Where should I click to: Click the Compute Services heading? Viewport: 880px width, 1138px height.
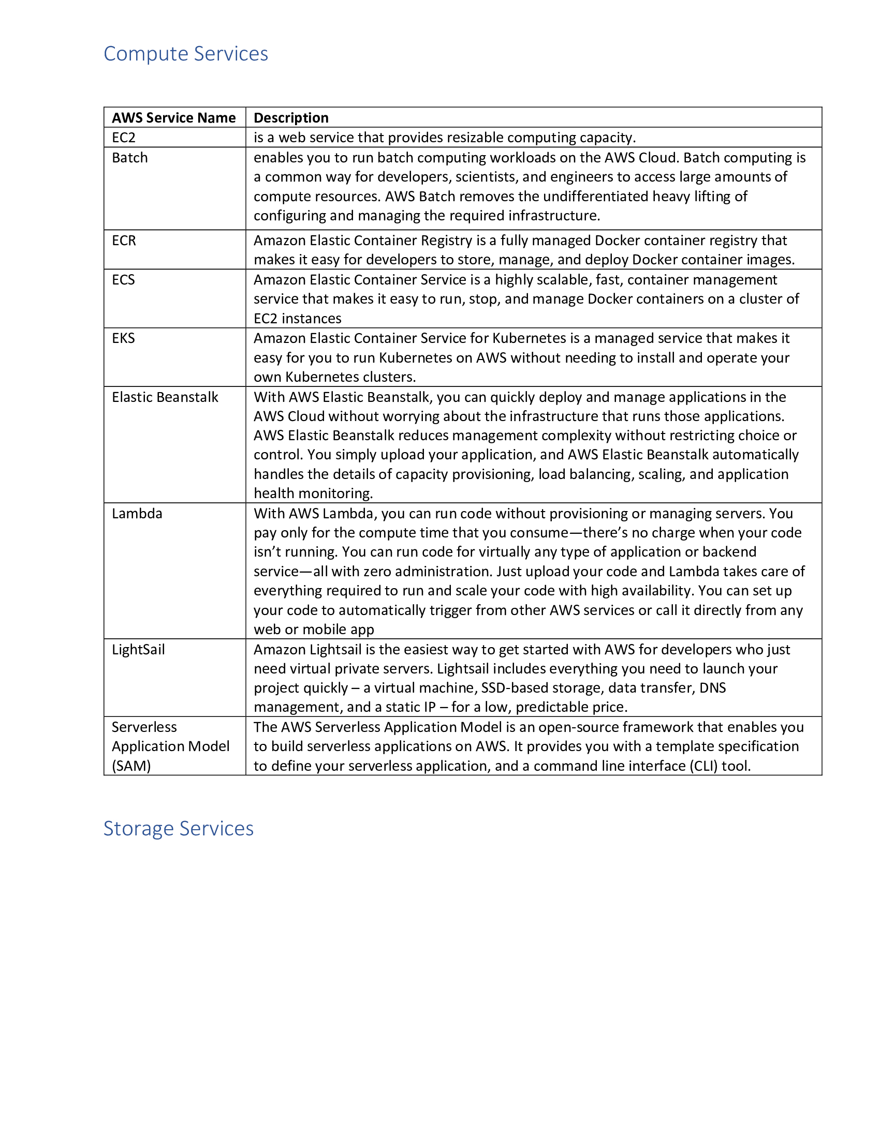[186, 54]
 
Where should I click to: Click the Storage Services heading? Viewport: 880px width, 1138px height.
[178, 828]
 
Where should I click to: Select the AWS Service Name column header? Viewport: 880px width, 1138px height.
[173, 118]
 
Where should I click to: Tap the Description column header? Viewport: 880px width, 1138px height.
[291, 118]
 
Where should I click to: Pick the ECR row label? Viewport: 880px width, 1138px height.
[124, 240]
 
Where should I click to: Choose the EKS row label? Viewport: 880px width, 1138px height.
[123, 338]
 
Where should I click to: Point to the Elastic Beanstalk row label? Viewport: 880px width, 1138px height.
[165, 397]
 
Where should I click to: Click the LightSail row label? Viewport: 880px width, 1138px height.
[138, 649]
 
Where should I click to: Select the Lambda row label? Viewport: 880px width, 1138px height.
[137, 513]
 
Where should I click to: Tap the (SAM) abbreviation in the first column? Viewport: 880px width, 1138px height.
[131, 766]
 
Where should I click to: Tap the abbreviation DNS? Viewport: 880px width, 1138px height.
[712, 688]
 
